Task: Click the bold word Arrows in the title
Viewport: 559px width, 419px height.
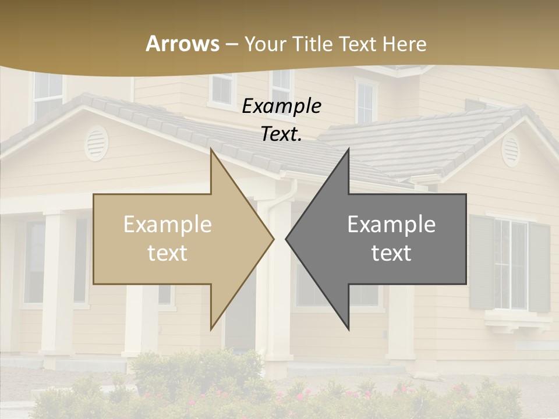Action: point(183,44)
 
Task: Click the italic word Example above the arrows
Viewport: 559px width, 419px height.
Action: point(282,106)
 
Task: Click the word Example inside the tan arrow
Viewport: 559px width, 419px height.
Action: point(168,225)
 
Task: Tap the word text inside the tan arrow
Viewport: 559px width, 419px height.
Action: point(168,253)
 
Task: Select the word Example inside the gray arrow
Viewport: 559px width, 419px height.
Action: point(391,225)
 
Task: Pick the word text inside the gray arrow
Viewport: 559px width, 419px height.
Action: point(391,253)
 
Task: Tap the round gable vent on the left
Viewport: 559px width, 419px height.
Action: point(97,143)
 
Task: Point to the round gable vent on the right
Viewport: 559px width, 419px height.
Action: point(511,149)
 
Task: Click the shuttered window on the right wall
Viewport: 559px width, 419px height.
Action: point(510,264)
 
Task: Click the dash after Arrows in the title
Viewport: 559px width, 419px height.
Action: point(232,44)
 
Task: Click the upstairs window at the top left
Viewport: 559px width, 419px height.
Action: point(48,93)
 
